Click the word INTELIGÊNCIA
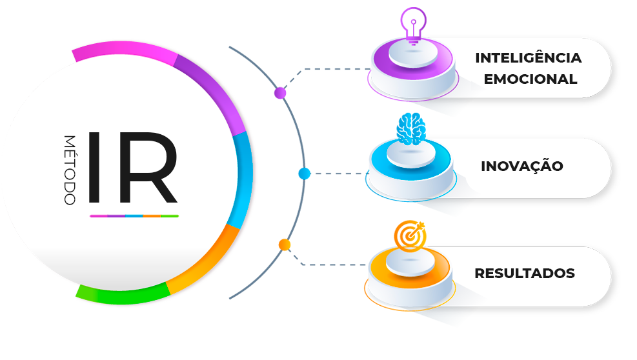(x=528, y=58)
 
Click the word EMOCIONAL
(x=530, y=80)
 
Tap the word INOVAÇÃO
(x=521, y=166)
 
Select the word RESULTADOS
(x=524, y=274)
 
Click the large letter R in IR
(x=147, y=167)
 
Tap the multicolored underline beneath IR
(x=134, y=216)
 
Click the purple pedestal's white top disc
(x=414, y=55)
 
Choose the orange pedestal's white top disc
(x=410, y=263)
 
